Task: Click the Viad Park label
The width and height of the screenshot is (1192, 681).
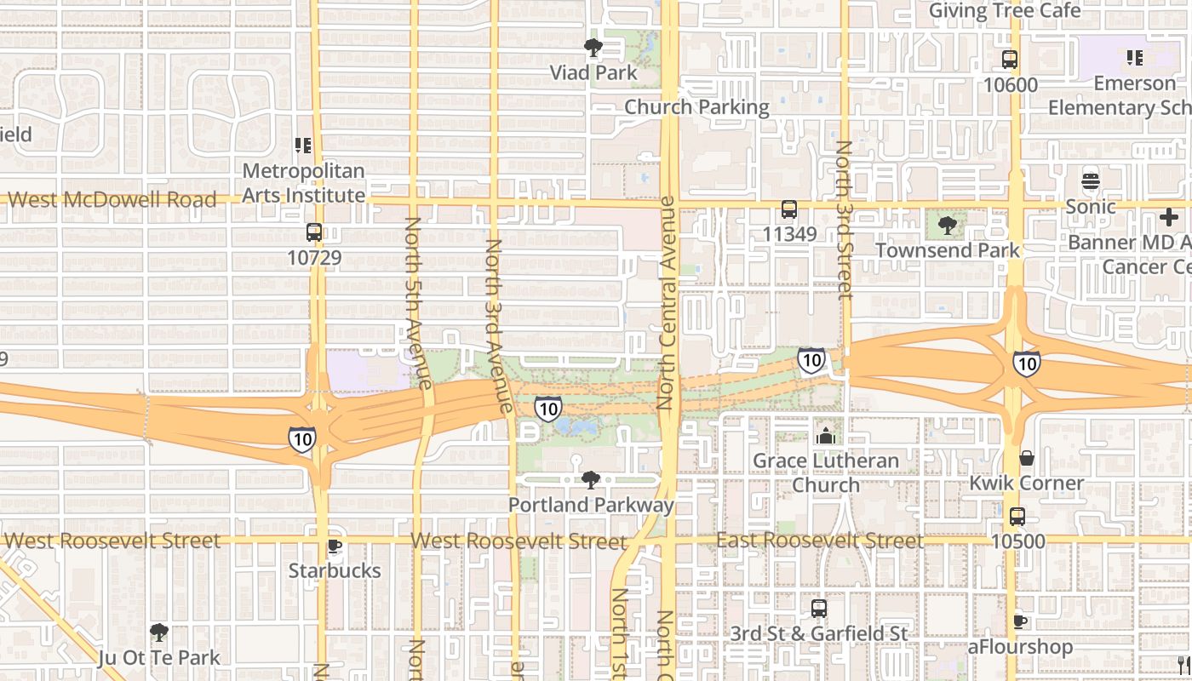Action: [x=593, y=73]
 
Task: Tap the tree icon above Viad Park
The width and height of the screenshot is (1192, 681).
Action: [x=593, y=48]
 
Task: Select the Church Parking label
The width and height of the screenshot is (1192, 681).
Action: [x=696, y=107]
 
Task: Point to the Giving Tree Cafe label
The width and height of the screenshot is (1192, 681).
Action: [x=1005, y=11]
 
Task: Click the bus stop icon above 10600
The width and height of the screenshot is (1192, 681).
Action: [x=1010, y=60]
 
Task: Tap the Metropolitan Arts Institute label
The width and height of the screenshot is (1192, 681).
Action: [x=303, y=183]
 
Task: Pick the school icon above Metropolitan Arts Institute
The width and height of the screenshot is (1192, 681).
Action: [x=303, y=146]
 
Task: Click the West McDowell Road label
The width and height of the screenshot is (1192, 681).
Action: [x=112, y=200]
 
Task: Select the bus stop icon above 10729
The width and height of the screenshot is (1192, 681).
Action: [x=314, y=232]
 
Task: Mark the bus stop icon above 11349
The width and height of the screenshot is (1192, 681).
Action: [x=789, y=209]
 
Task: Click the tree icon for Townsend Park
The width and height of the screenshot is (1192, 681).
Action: [x=947, y=226]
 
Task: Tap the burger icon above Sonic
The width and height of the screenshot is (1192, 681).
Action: [x=1091, y=181]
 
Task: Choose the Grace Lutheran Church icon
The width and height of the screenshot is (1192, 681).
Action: [x=825, y=437]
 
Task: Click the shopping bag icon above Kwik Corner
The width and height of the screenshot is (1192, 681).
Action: [x=1027, y=458]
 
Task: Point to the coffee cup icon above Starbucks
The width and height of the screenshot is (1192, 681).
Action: [x=335, y=546]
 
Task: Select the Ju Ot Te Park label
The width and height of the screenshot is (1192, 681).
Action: [x=159, y=658]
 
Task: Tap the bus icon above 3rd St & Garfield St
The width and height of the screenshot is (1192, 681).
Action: [x=819, y=609]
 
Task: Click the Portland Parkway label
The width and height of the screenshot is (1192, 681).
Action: [x=591, y=505]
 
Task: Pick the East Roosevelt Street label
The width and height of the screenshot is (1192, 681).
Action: [x=819, y=541]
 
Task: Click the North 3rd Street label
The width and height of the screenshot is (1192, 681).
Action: [x=844, y=220]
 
